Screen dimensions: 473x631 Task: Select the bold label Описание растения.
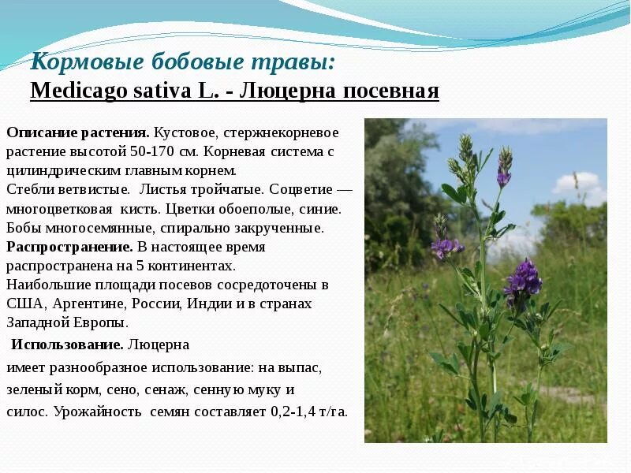78,132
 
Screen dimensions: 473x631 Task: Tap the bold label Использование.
67,345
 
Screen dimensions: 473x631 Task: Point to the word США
24,304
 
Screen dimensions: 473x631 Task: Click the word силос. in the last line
28,412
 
